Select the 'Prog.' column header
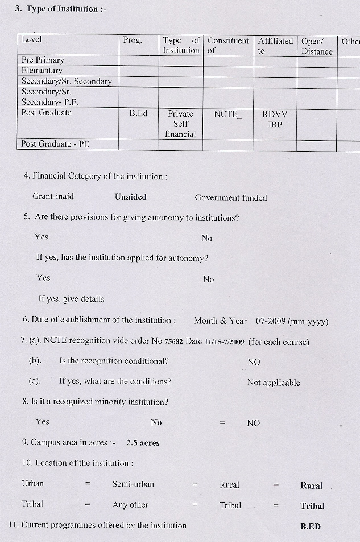tap(133, 40)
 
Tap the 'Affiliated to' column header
tap(275, 45)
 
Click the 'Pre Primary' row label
tap(43, 60)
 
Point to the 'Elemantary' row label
tap(42, 71)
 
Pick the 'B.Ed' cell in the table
tap(138, 113)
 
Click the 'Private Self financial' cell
tap(180, 124)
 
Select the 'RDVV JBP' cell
tap(275, 119)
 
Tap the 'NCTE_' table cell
tap(227, 114)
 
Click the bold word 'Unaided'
tap(131, 197)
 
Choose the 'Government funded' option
tap(230, 198)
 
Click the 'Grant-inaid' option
tap(53, 197)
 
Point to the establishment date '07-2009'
tap(271, 321)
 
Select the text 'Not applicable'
tap(274, 382)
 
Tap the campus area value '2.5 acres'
tap(143, 442)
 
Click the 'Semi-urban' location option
tap(133, 485)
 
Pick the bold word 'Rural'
tap(311, 486)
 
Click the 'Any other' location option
tap(130, 504)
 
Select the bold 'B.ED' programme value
tap(311, 526)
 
